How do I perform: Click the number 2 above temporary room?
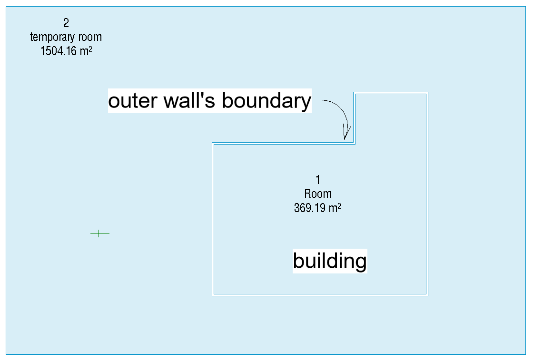pos(66,23)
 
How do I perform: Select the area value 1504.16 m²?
pos(66,51)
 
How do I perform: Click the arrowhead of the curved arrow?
pos(346,136)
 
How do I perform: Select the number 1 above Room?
pos(317,180)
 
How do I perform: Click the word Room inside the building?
pos(318,194)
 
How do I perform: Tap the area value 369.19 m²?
pos(318,208)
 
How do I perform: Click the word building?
pos(330,261)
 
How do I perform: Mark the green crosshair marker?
pos(99,233)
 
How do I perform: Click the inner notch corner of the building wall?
pos(354,143)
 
